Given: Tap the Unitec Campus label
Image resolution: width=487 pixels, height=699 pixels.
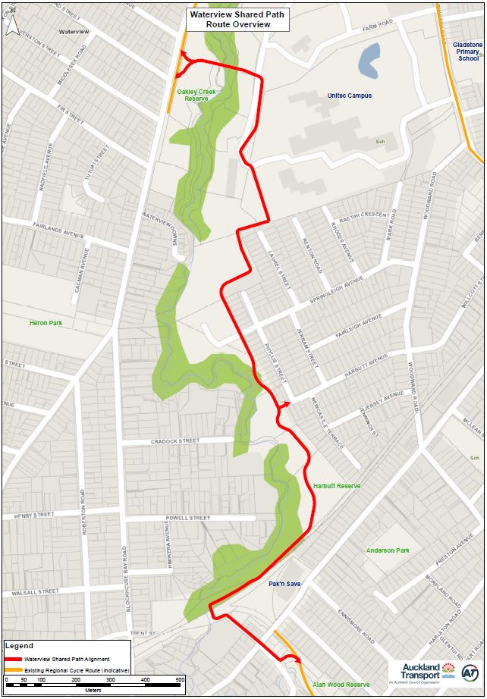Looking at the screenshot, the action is (349, 96).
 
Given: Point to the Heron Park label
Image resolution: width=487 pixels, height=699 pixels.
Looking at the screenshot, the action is (46, 323).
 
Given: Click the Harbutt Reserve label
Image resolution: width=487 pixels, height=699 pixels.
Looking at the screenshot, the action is (337, 486).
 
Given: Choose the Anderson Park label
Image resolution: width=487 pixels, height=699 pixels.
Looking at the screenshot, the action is (388, 550).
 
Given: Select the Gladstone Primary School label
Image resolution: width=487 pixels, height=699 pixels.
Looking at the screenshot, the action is (467, 52).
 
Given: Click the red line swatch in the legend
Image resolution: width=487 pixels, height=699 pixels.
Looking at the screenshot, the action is (13, 660).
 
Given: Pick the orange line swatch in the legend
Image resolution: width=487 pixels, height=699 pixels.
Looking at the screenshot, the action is (13, 670).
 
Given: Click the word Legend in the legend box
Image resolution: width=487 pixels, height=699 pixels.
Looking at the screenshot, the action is (19, 646).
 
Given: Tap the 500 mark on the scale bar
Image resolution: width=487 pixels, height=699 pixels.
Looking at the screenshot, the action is (180, 679).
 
